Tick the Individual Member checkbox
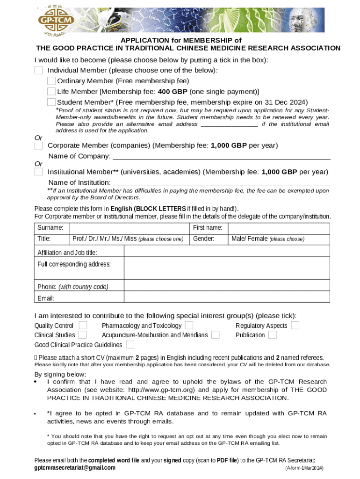[38, 70]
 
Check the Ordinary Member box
[51, 81]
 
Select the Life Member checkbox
[51, 92]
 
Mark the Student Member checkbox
[51, 102]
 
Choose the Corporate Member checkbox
[38, 145]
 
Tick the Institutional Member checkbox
[38, 172]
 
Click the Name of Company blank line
[222, 156]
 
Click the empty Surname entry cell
[129, 228]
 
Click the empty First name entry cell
[280, 228]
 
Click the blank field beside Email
[227, 298]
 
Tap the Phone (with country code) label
[72, 287]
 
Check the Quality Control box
[83, 325]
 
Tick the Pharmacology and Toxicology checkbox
[189, 325]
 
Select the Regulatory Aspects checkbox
[295, 325]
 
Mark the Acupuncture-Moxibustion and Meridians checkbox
[216, 335]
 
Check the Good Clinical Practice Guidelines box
[130, 345]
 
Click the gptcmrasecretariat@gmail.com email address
[75, 468]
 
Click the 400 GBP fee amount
[173, 92]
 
